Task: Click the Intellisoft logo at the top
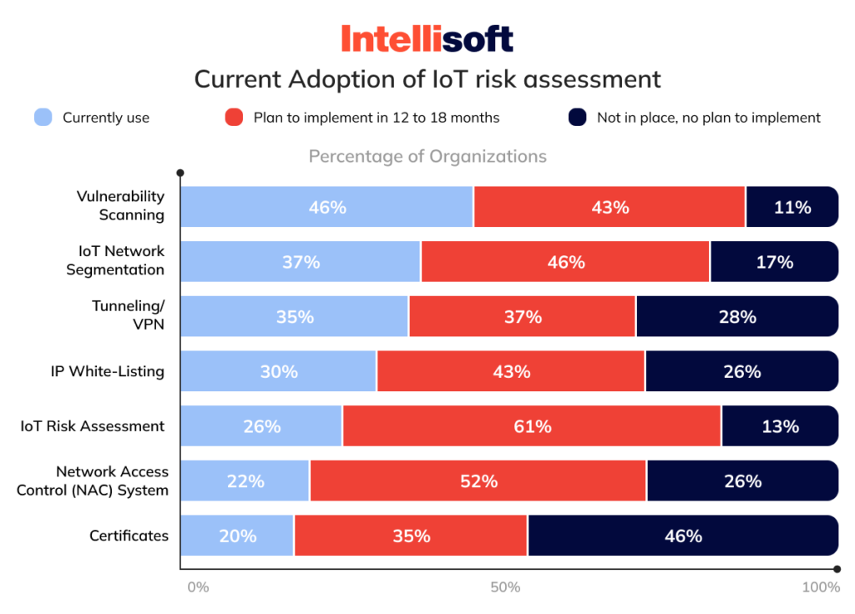427,38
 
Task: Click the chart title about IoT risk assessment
427,79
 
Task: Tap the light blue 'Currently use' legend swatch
43,118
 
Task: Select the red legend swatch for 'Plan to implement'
235,118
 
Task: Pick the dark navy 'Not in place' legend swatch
578,118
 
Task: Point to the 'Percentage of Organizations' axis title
427,156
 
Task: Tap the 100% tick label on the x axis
820,587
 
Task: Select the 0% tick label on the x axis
198,587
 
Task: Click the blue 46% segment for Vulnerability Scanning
326,207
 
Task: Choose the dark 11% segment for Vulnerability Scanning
792,207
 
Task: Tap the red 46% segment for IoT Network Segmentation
565,262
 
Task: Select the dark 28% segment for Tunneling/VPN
736,317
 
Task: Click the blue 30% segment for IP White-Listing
278,371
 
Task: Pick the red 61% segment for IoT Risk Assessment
532,426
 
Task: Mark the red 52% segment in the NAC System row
478,481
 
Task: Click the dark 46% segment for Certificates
683,536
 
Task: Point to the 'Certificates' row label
129,536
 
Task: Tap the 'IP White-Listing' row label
107,371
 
